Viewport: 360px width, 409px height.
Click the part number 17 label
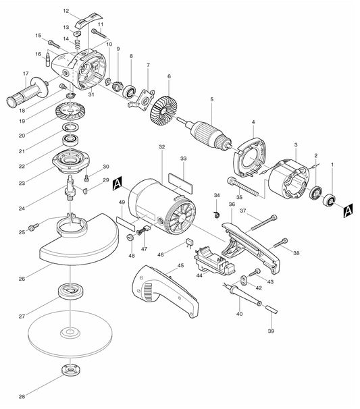[x=25, y=74]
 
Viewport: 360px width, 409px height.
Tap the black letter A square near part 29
[x=118, y=182]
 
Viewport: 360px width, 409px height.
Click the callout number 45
[x=180, y=266]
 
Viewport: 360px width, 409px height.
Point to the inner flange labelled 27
[x=70, y=293]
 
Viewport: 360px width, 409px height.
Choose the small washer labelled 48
[x=128, y=238]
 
